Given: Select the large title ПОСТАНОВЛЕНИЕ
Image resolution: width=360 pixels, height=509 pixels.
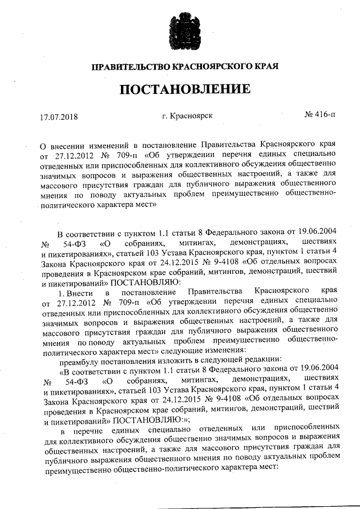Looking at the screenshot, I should tap(180, 90).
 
